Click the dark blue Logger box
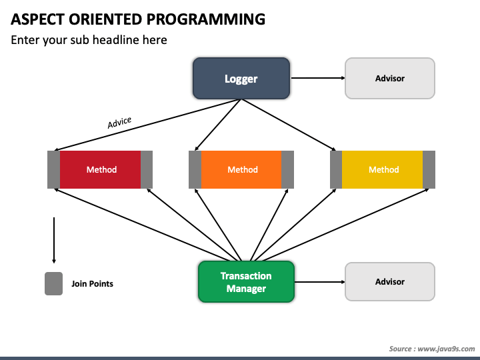[x=241, y=79]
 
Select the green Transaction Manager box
[x=246, y=281]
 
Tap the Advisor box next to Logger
[x=390, y=79]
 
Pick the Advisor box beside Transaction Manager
[x=390, y=281]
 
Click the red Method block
[x=100, y=169]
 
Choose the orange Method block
[x=241, y=169]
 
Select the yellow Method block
[x=383, y=169]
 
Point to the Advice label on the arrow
[x=119, y=122]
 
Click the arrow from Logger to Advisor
[x=318, y=78]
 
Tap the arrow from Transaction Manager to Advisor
[x=320, y=282]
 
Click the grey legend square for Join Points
[x=53, y=283]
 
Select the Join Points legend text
[x=92, y=284]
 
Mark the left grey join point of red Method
[x=53, y=169]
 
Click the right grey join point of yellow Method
[x=429, y=169]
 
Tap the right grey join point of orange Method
[x=288, y=169]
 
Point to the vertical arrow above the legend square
[x=54, y=240]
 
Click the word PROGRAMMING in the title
[x=206, y=19]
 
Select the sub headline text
[x=89, y=40]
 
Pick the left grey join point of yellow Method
[x=336, y=169]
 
